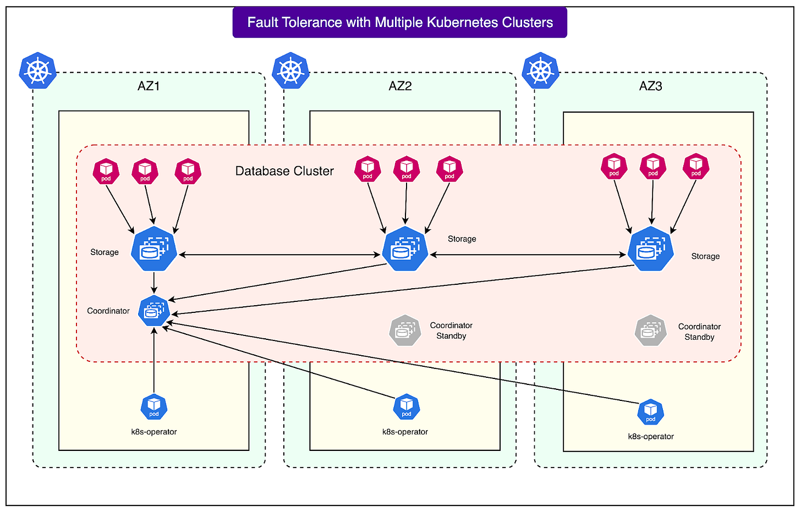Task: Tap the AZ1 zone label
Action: coord(149,86)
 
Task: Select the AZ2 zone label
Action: coord(400,86)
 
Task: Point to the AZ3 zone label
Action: coord(650,86)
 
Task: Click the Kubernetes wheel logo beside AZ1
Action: coord(38,71)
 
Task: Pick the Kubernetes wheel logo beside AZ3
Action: coord(541,71)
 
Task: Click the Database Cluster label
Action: coord(284,171)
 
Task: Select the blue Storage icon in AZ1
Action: coord(154,249)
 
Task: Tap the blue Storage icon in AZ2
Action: coord(405,249)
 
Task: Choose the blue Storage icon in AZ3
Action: coord(651,249)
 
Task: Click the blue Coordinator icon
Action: coord(154,311)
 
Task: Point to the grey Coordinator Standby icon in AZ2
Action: coord(405,330)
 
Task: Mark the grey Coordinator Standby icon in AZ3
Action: coord(651,331)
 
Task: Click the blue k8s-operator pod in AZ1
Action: coord(154,407)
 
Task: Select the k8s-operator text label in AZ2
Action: coord(405,432)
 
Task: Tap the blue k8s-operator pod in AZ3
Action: coord(651,412)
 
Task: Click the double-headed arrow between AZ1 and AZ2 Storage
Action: coord(280,255)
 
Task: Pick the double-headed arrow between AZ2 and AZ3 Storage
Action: coord(528,255)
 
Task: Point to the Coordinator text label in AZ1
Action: coord(108,311)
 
